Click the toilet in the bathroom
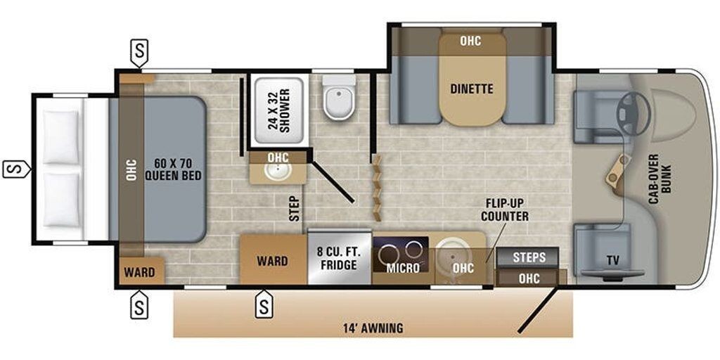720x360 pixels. coord(340,97)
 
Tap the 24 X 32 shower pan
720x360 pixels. coord(280,110)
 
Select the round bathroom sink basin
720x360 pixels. coord(278,172)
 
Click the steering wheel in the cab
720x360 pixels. coord(632,108)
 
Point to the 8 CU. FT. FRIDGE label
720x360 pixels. coord(340,259)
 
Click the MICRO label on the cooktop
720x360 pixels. coord(403,268)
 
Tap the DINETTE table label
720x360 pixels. coord(472,89)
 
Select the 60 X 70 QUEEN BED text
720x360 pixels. coord(174,169)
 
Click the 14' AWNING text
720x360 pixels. coord(373,328)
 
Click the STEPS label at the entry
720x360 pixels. coord(529,257)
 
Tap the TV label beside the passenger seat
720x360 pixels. coord(612,261)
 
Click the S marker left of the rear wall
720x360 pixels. coord(16,169)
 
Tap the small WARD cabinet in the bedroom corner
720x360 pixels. coord(140,272)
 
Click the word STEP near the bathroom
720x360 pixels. coord(295,209)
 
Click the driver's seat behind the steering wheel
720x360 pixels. coord(597,117)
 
